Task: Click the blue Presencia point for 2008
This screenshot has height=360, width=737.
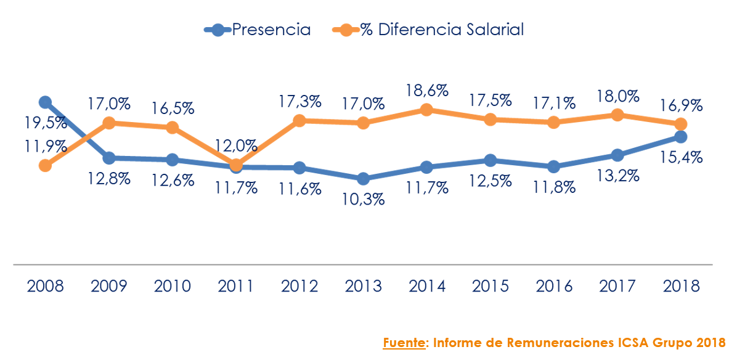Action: pos(45,102)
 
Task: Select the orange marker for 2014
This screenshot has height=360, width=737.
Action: pos(426,110)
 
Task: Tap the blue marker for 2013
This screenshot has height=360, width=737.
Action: pos(363,179)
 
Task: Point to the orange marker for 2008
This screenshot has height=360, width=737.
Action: pos(45,165)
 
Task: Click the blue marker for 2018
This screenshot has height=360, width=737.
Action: pos(680,137)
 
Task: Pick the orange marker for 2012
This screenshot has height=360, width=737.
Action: pos(299,121)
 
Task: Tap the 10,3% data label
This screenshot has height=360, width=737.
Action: pos(363,199)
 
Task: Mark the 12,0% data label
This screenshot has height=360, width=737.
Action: pos(237,146)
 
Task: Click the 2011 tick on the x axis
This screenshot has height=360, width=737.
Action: pos(235,286)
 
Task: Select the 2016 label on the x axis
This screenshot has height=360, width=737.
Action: pos(553,286)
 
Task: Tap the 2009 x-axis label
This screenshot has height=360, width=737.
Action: pos(109,286)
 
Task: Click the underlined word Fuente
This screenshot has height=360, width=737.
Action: pos(404,342)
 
